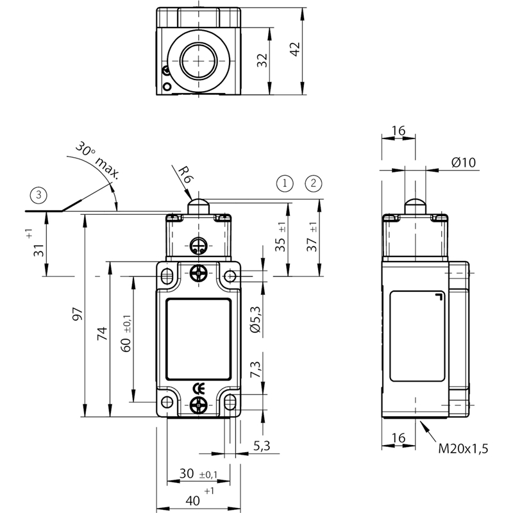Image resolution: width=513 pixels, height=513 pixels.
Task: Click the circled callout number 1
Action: pyautogui.click(x=285, y=183)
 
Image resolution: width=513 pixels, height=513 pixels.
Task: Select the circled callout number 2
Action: pyautogui.click(x=314, y=183)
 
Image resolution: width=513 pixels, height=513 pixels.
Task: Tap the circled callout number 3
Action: pyautogui.click(x=38, y=196)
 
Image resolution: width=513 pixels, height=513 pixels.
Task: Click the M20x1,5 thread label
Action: pyautogui.click(x=463, y=448)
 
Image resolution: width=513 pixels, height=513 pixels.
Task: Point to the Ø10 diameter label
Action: pyautogui.click(x=463, y=162)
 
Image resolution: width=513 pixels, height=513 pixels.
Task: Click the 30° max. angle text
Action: pyautogui.click(x=97, y=160)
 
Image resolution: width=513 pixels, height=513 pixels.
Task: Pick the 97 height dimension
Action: pyautogui.click(x=78, y=314)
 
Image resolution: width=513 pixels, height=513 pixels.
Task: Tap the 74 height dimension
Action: pyautogui.click(x=102, y=333)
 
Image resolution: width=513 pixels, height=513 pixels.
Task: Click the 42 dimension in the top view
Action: pyautogui.click(x=295, y=49)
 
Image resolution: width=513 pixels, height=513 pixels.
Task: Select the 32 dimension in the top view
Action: pyautogui.click(x=262, y=60)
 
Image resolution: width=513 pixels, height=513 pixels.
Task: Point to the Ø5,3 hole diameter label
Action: pyautogui.click(x=255, y=319)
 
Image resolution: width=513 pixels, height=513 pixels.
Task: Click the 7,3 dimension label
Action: pyautogui.click(x=255, y=370)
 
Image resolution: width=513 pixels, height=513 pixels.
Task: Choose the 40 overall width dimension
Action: pyautogui.click(x=193, y=500)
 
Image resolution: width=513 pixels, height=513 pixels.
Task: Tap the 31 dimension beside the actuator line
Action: pyautogui.click(x=38, y=250)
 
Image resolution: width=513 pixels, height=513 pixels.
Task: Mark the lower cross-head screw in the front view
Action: pyautogui.click(x=199, y=405)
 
